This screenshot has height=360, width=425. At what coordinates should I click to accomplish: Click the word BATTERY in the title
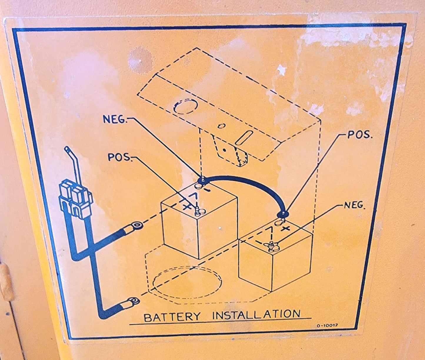pyautogui.click(x=172, y=317)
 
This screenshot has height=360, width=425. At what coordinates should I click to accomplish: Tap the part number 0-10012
pyautogui.click(x=327, y=326)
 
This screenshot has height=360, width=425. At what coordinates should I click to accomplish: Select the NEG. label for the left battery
pyautogui.click(x=116, y=119)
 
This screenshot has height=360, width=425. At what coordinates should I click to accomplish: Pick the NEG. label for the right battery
pyautogui.click(x=355, y=205)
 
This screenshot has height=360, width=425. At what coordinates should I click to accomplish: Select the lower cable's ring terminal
pyautogui.click(x=132, y=301)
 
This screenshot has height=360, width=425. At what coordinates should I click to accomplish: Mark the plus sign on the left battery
pyautogui.click(x=186, y=207)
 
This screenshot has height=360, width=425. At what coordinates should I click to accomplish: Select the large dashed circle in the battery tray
pyautogui.click(x=187, y=282)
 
